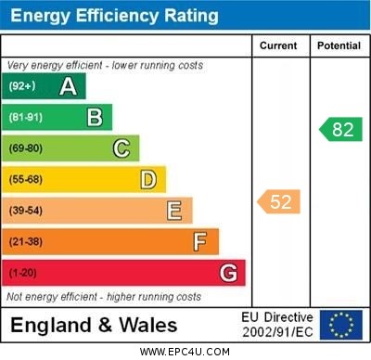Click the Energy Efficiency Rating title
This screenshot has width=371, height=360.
(x=114, y=16)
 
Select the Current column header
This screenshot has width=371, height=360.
(x=278, y=45)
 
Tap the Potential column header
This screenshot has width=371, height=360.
(x=339, y=45)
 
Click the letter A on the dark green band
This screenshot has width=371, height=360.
(x=68, y=86)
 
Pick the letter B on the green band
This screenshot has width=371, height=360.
(x=95, y=118)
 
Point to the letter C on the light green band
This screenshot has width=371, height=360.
(x=122, y=148)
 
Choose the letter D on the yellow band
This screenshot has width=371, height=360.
(x=148, y=179)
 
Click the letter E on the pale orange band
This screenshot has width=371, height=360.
(x=174, y=211)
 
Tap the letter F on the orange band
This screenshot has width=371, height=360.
(x=200, y=241)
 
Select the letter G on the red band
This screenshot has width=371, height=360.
(x=228, y=273)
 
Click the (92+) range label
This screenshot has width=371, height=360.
(x=22, y=86)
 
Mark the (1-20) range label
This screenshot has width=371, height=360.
(x=23, y=273)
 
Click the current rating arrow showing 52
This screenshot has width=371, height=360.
(x=278, y=201)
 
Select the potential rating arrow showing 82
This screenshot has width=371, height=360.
(x=339, y=129)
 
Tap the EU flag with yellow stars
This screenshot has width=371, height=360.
(x=341, y=325)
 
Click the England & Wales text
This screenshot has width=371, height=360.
(x=93, y=326)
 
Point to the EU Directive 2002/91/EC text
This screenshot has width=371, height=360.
(x=278, y=325)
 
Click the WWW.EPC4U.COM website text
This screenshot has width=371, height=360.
(x=185, y=352)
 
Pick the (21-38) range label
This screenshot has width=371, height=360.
(x=26, y=241)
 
